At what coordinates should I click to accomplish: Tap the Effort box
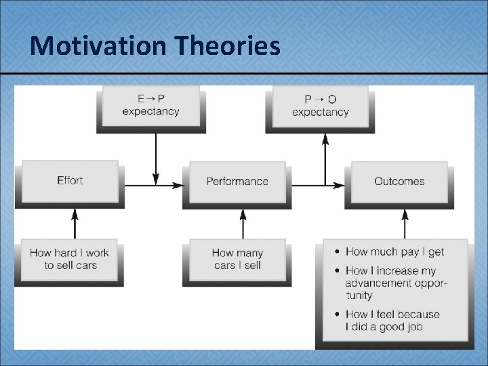coord(70,180)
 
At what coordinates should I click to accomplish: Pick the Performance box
coord(237,181)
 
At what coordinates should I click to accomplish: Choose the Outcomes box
coord(399,181)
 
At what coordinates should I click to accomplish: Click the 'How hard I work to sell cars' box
coord(69,258)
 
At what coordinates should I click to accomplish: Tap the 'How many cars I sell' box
coord(237,259)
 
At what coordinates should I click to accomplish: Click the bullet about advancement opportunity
coord(396,283)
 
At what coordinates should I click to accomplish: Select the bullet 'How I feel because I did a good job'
coord(392,320)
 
